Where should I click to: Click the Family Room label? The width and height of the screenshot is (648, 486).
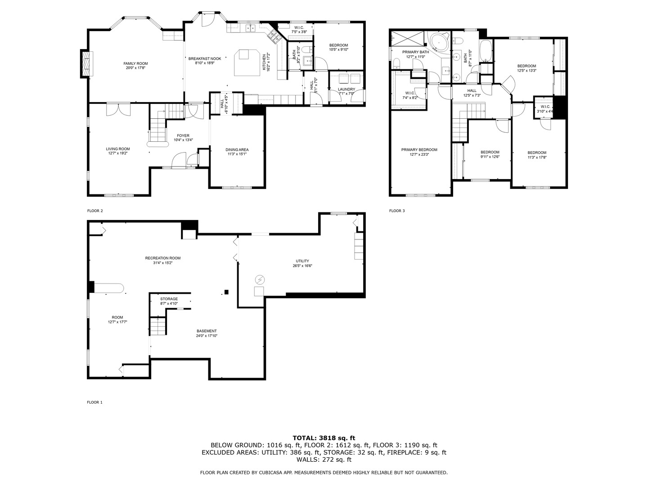[135, 63]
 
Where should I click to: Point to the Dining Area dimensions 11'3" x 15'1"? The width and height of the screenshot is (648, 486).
[237, 154]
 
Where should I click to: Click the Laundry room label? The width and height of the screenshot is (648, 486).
[346, 89]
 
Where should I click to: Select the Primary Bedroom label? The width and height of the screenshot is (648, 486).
[419, 150]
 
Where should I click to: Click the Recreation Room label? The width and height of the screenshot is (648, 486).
[162, 258]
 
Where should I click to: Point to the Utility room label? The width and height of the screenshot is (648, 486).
[302, 261]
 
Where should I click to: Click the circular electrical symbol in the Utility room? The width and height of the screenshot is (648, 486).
[259, 280]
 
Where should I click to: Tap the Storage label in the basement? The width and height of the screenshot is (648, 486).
[169, 299]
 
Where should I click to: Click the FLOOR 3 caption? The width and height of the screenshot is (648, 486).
[397, 211]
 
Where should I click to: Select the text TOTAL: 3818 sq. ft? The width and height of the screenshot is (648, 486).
[324, 437]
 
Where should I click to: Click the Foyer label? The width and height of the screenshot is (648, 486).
[183, 135]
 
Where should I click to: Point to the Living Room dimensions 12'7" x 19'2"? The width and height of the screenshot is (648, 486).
[118, 153]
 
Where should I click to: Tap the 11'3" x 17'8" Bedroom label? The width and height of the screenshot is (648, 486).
[537, 152]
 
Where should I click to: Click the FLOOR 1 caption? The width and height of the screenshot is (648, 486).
[94, 402]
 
